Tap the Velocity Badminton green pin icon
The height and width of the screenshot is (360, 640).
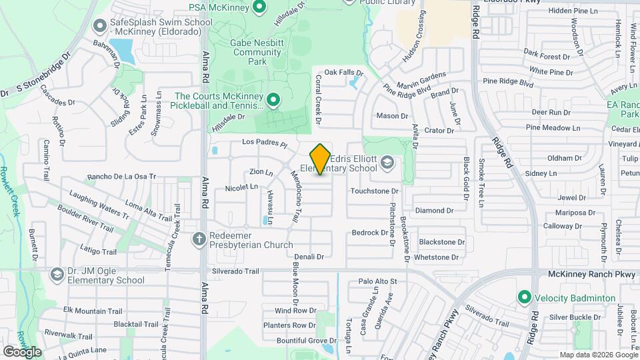525,297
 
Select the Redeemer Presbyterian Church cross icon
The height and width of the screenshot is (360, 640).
199,238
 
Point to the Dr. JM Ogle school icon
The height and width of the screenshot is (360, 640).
57,274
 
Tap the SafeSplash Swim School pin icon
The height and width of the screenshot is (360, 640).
100,26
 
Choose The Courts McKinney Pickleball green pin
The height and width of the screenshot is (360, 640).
273,101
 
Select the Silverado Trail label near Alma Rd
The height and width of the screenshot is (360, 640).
235,271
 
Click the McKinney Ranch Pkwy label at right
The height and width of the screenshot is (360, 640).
583,274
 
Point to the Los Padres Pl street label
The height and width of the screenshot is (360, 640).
264,143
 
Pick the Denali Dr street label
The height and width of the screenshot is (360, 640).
309,256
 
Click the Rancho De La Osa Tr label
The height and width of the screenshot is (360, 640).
121,177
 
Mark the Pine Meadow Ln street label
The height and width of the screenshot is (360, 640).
549,127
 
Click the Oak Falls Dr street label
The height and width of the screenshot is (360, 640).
343,72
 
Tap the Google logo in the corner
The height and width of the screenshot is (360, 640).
22,351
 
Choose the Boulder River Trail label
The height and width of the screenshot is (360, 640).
85,217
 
